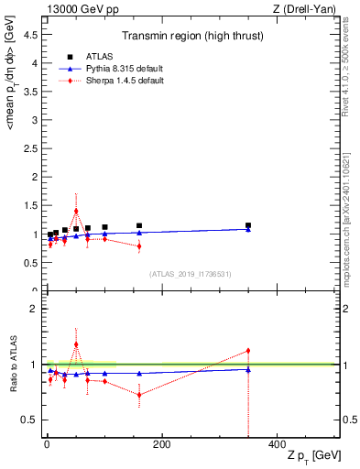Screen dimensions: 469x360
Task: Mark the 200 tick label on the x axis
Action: point(161,444)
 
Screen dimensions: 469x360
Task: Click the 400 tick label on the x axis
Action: point(276,444)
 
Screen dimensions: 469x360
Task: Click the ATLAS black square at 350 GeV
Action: point(248,225)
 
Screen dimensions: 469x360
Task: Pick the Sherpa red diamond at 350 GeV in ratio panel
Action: point(248,351)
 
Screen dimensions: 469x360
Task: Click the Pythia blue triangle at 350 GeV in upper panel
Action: point(248,229)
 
